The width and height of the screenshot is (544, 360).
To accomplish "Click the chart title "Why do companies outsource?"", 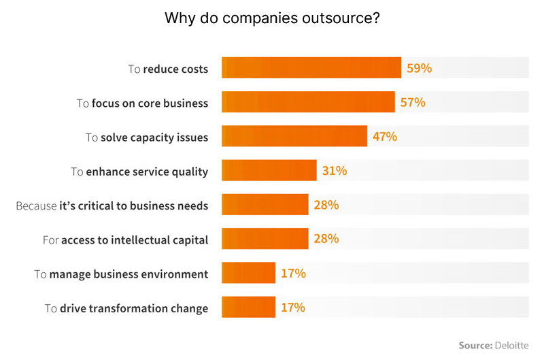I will point(272,18).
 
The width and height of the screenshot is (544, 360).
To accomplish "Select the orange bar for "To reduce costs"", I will point(311,68).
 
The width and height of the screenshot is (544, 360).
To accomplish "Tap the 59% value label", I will point(420,68).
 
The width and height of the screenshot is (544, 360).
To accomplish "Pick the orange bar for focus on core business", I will point(308,103).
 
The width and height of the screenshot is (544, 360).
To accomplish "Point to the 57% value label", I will point(413,103).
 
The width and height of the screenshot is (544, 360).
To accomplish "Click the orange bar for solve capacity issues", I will point(294,137).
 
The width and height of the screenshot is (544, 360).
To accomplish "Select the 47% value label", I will point(385,137).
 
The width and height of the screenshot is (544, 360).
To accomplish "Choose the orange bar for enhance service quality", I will point(269,171).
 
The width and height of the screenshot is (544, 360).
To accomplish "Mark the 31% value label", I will point(335,171).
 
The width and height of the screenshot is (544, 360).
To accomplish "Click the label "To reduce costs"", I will point(168,69).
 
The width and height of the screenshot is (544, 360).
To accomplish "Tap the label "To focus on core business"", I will point(142,103).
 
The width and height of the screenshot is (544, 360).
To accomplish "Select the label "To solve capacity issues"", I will point(147,137).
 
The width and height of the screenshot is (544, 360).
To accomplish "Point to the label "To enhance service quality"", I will point(139,171).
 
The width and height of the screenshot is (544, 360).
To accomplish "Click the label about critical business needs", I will point(112,206).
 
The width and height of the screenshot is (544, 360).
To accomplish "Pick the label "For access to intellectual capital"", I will point(125,240).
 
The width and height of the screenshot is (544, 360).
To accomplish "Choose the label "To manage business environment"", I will point(121,274).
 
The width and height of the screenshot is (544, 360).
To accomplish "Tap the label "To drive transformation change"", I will point(126,308).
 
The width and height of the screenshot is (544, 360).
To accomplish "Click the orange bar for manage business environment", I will point(248,274).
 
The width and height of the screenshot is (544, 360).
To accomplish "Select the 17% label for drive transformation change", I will point(293,308).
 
